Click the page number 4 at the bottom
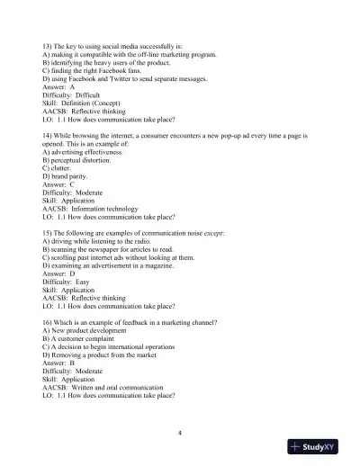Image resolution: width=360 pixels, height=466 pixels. pyautogui.click(x=180, y=433)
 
